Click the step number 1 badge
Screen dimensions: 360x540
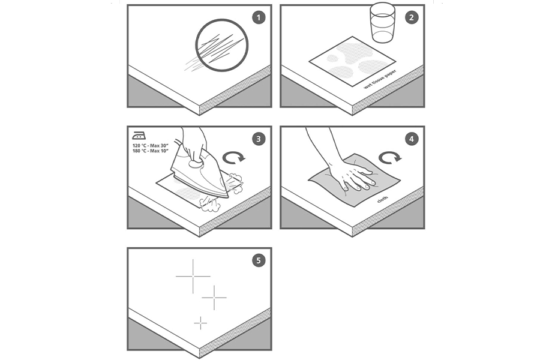click(x=259, y=17)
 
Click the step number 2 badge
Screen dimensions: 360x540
click(x=412, y=17)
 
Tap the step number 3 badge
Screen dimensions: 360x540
click(x=259, y=139)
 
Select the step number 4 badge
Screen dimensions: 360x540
click(x=412, y=139)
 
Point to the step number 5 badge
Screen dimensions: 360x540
click(x=259, y=260)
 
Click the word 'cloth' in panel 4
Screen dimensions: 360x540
click(x=383, y=199)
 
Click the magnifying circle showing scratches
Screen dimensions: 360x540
click(x=221, y=45)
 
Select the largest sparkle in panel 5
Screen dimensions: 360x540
click(x=193, y=276)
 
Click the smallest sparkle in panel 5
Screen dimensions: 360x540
click(x=200, y=323)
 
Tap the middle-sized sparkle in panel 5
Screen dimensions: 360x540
click(x=214, y=298)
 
